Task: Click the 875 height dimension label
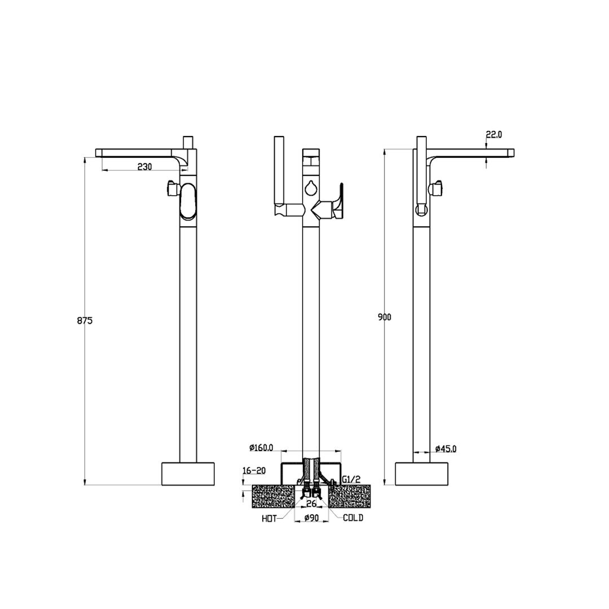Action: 85,321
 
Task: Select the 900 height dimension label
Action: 385,317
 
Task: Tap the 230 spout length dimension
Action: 144,166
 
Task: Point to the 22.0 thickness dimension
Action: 494,134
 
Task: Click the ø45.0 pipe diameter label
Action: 446,449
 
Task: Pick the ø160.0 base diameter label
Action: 261,448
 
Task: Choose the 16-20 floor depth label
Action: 254,471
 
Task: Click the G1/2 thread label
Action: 351,480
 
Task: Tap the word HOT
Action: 269,519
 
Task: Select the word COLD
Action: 353,518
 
